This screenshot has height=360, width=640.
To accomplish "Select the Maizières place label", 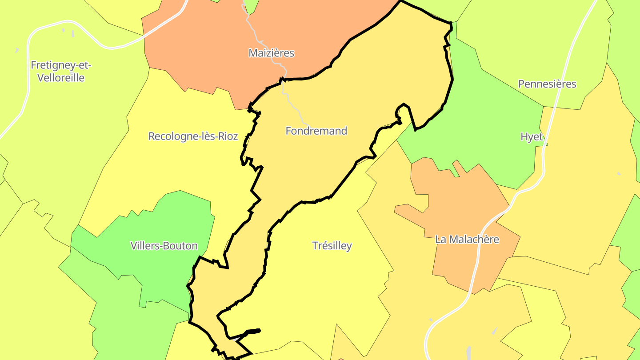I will (271, 53).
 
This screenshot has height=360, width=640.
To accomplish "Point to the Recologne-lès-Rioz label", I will (193, 136).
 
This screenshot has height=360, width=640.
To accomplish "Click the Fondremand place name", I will (316, 131).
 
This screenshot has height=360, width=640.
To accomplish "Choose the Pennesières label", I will (547, 84).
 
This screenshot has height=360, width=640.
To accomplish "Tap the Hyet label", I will (532, 136).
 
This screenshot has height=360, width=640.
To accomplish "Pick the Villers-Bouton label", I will (164, 245).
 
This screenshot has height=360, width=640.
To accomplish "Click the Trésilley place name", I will (332, 245).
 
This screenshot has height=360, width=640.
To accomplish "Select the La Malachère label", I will (467, 239).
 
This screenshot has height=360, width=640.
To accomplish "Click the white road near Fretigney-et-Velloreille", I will (28, 67).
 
